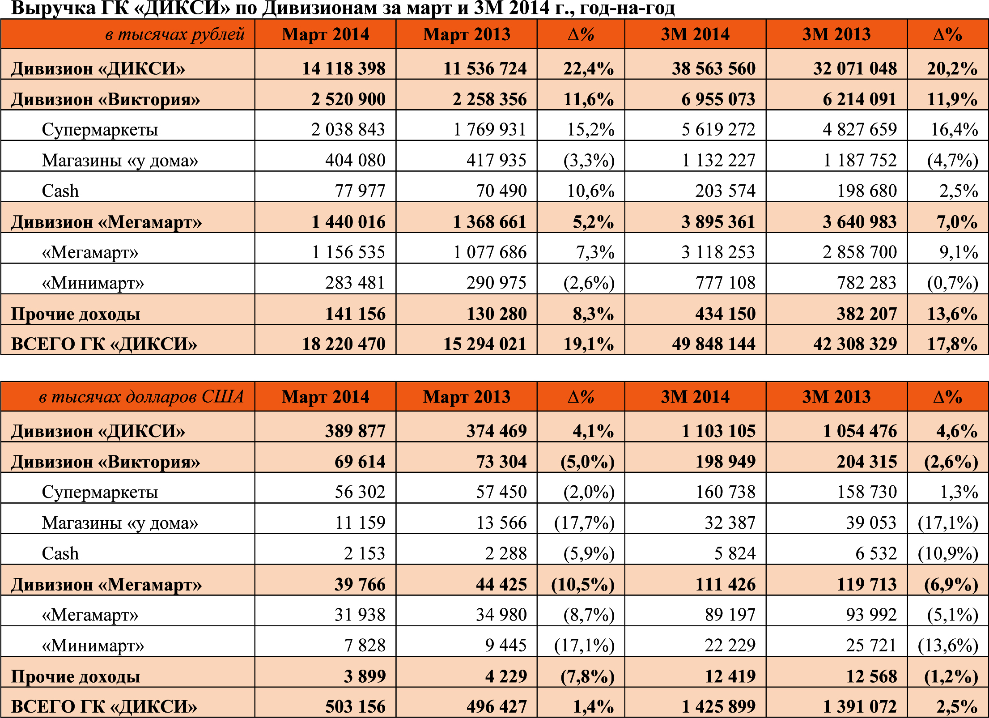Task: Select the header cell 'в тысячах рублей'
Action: click(x=175, y=34)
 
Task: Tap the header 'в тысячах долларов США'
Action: click(x=141, y=397)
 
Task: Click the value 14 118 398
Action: click(x=344, y=68)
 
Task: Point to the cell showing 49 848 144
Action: click(x=713, y=344)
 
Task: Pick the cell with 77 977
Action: click(x=360, y=191)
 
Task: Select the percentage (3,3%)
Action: click(x=589, y=161)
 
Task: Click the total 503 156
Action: click(x=355, y=707)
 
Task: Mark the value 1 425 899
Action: click(x=718, y=707)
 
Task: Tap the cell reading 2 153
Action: click(x=365, y=554)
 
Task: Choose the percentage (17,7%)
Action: click(x=585, y=523)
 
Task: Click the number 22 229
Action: click(x=730, y=646)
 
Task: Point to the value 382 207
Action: click(x=867, y=314)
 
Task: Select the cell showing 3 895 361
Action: click(x=718, y=222)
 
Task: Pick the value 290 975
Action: click(x=497, y=283)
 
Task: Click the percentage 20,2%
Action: click(x=952, y=68)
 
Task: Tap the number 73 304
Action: click(x=501, y=462)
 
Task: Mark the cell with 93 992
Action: click(x=871, y=615)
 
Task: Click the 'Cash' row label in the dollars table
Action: click(x=60, y=554)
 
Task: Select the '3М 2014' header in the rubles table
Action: click(x=695, y=34)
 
